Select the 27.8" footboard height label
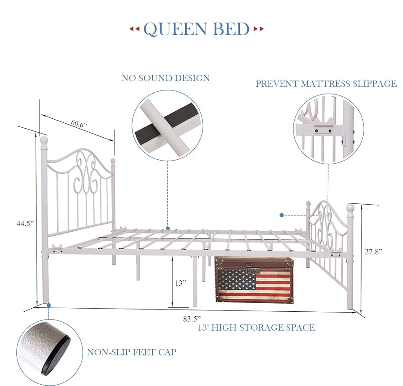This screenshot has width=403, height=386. click(373, 252)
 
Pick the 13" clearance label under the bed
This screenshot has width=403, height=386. click(181, 283)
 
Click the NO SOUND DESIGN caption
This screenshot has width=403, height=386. click(165, 78)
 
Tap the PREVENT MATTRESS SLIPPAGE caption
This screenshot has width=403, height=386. click(326, 84)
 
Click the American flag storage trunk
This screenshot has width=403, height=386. click(254, 280)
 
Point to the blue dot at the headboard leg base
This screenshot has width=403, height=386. click(48, 305)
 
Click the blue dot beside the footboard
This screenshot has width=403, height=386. click(282, 215)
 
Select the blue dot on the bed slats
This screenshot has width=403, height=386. click(168, 229)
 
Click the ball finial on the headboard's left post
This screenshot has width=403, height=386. click(44, 140)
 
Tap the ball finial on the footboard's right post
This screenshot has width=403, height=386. click(350, 208)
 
